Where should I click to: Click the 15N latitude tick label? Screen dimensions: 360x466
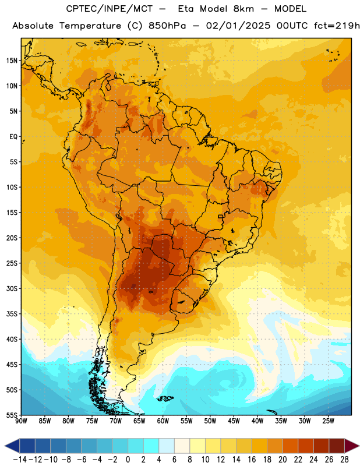click(x=12, y=61)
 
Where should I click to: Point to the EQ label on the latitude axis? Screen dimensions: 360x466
click(x=13, y=137)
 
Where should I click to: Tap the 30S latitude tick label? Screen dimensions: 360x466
click(x=12, y=288)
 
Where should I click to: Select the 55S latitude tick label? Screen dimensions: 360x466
click(x=12, y=415)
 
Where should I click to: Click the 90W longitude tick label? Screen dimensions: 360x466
click(x=21, y=421)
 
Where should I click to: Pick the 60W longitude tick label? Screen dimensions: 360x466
click(x=163, y=421)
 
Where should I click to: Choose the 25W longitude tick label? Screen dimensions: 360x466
click(x=328, y=421)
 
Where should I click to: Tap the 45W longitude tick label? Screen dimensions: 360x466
click(x=234, y=421)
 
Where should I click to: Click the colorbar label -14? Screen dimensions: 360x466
click(x=20, y=460)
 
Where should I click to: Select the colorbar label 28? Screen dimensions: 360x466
click(x=344, y=460)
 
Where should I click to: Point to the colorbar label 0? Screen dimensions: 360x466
click(x=128, y=460)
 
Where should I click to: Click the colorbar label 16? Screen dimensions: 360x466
click(x=252, y=460)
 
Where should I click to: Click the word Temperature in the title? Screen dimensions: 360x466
click(x=90, y=26)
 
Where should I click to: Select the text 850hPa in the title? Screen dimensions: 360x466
click(x=167, y=26)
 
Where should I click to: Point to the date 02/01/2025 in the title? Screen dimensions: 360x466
click(x=238, y=26)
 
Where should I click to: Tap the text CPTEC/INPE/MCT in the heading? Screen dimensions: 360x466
click(x=109, y=9)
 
